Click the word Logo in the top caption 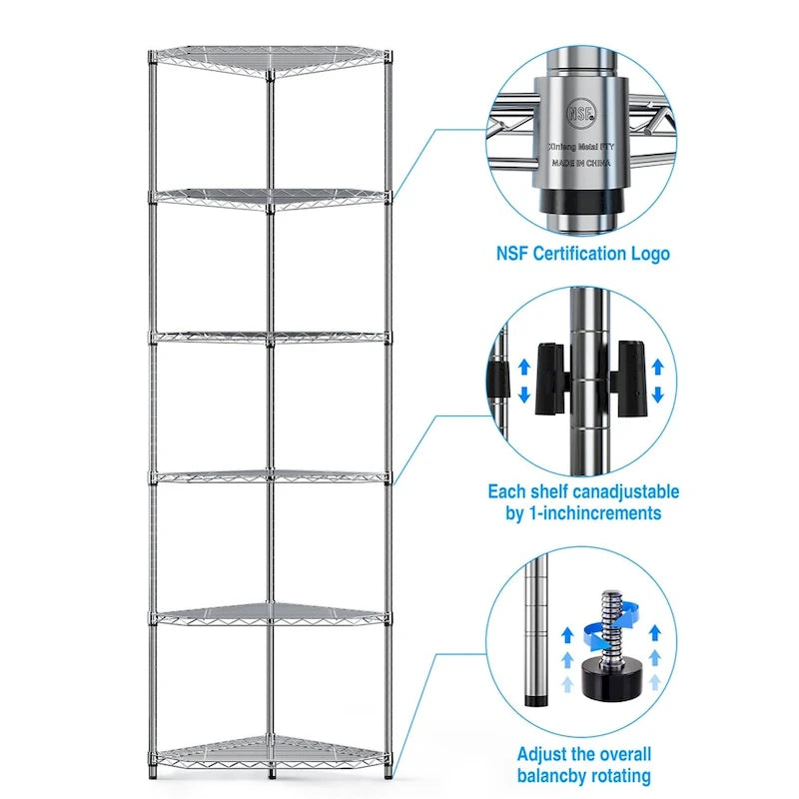[x=650, y=253]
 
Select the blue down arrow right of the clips [x=657, y=397]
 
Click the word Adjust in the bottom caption [x=544, y=753]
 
